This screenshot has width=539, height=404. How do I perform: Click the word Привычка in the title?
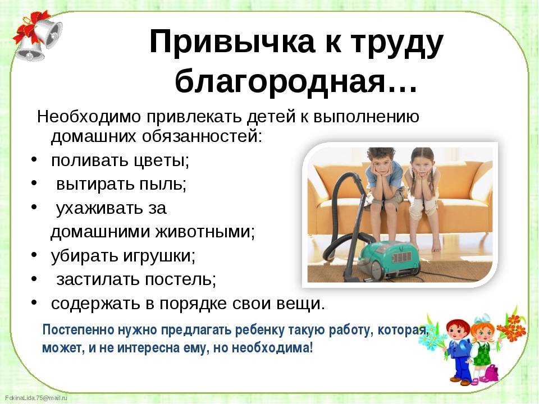pyautogui.click(x=232, y=42)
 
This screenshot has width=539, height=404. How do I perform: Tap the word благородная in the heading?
pyautogui.click(x=281, y=82)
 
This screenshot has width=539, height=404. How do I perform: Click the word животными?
pyautogui.click(x=205, y=232)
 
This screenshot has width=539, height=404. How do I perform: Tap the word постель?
pyautogui.click(x=180, y=279)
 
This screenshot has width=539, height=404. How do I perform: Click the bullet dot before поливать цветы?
pyautogui.click(x=34, y=160)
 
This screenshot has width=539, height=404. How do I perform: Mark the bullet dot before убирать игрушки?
pyautogui.click(x=34, y=255)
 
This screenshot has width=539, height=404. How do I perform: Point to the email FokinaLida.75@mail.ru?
pyautogui.click(x=36, y=398)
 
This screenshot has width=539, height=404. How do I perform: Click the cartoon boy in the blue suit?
pyautogui.click(x=459, y=350)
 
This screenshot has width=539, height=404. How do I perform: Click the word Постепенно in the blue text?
pyautogui.click(x=79, y=330)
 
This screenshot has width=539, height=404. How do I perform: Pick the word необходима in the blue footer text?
pyautogui.click(x=272, y=348)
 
